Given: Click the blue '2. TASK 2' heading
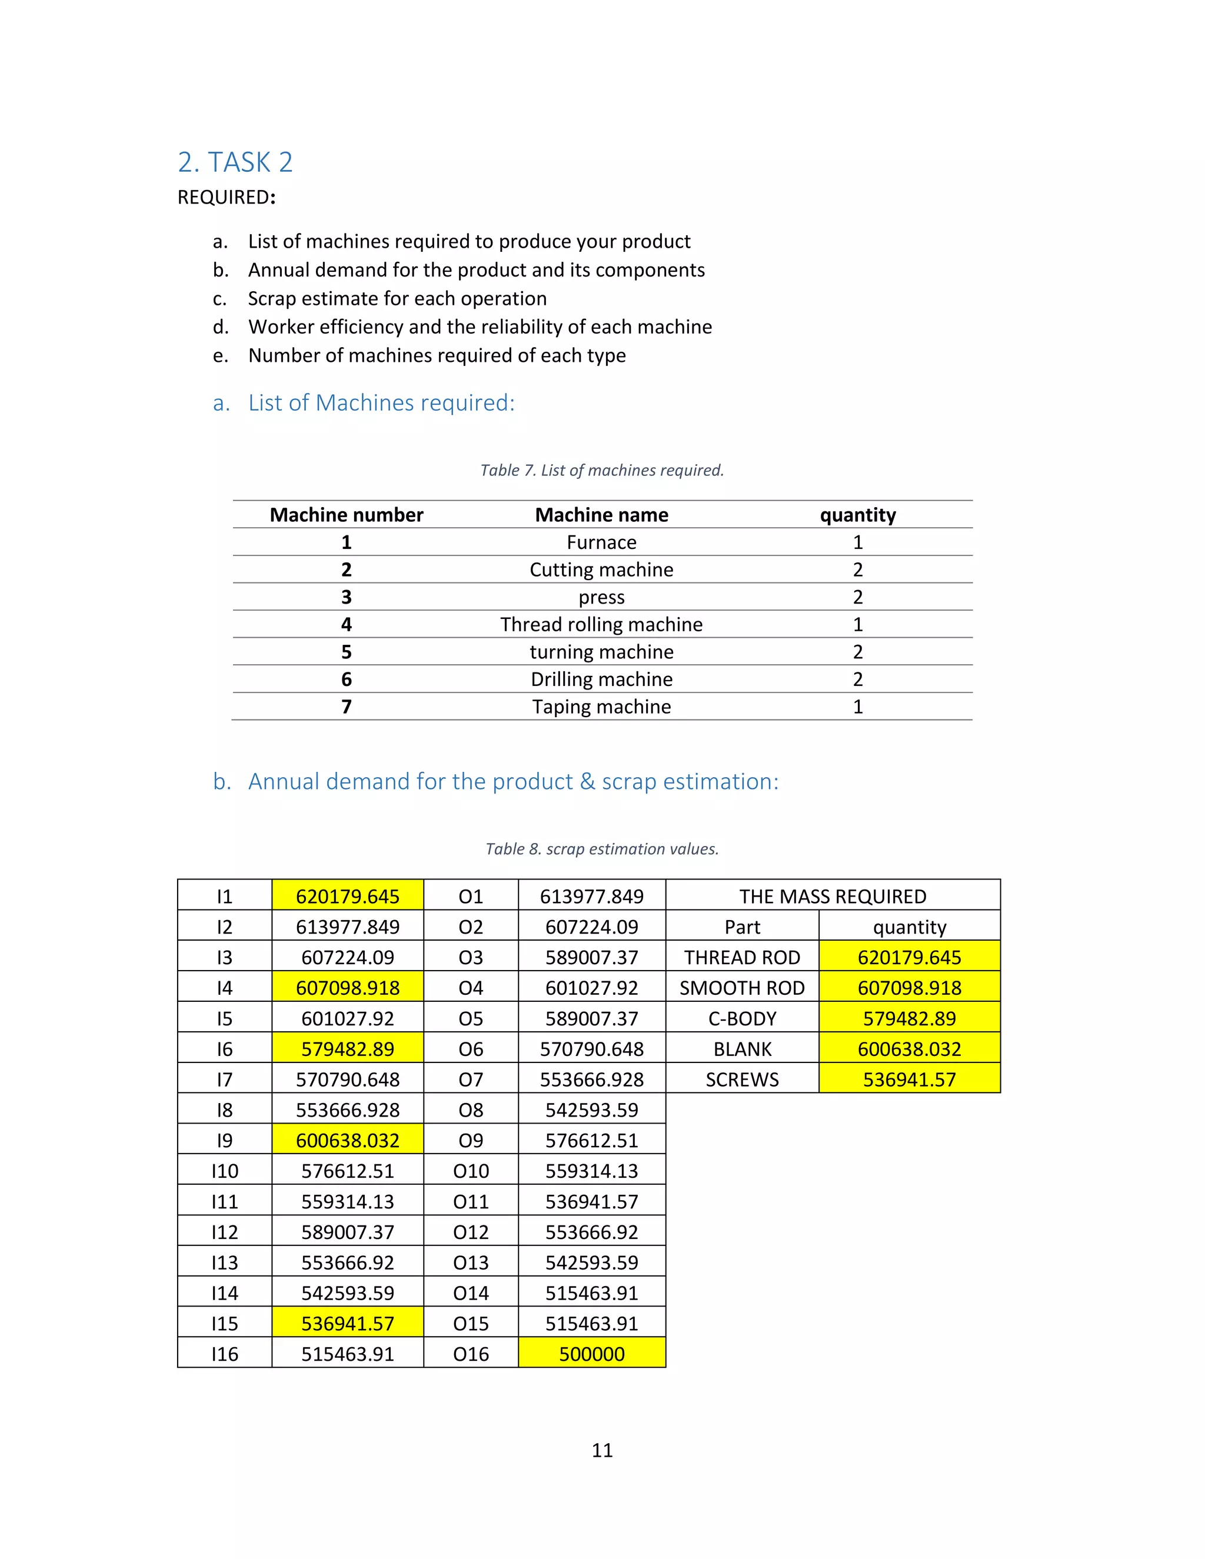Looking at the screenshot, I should (x=235, y=163).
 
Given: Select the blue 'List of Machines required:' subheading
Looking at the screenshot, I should (x=381, y=404).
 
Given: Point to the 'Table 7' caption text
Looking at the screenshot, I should (x=602, y=471).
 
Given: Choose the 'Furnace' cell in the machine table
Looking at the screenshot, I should (x=602, y=542).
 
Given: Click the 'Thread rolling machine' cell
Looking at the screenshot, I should (x=602, y=625).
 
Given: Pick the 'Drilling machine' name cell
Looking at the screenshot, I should (x=602, y=679).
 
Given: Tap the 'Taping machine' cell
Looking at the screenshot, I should (x=602, y=707).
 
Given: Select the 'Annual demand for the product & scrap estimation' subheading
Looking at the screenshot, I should (x=512, y=782).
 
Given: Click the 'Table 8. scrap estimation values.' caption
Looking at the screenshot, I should (x=602, y=849).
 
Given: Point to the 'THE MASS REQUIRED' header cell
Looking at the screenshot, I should (x=833, y=897).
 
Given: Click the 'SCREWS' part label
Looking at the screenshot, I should (x=743, y=1080).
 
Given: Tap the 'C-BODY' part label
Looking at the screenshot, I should (x=743, y=1018).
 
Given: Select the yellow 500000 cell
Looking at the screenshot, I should (x=592, y=1354).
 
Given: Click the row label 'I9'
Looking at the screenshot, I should (x=224, y=1141).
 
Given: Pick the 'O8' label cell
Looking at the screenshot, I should (x=471, y=1110).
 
